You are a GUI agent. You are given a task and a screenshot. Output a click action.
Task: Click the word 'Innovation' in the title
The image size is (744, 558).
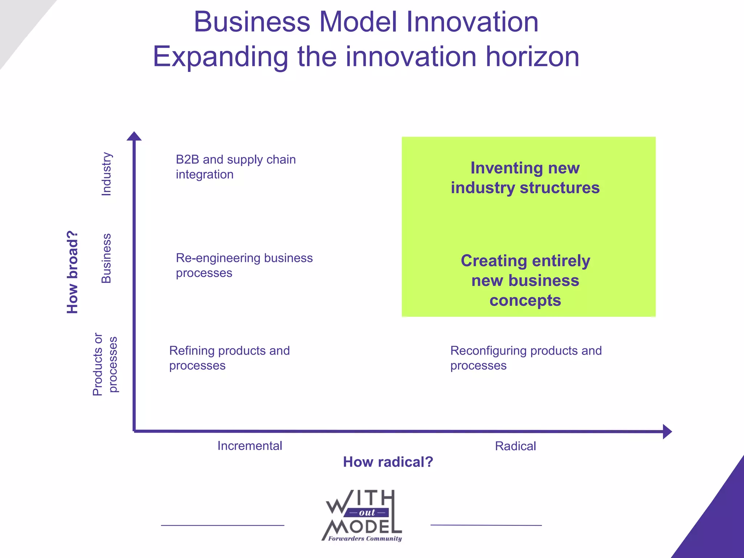pyautogui.click(x=472, y=22)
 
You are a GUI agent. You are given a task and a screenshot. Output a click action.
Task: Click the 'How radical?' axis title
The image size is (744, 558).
pyautogui.click(x=388, y=462)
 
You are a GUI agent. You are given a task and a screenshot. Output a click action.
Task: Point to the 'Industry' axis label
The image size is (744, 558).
pyautogui.click(x=106, y=174)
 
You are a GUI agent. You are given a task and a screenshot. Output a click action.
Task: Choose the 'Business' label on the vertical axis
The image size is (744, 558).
pyautogui.click(x=106, y=258)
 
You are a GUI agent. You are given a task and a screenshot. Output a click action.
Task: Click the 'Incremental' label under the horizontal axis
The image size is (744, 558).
pyautogui.click(x=250, y=446)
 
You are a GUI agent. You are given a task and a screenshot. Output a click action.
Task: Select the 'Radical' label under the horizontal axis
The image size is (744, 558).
pyautogui.click(x=515, y=446)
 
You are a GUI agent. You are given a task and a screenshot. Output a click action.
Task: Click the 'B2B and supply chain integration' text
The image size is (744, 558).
pyautogui.click(x=235, y=167)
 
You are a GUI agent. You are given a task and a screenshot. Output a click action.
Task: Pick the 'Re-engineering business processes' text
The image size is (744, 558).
pyautogui.click(x=244, y=265)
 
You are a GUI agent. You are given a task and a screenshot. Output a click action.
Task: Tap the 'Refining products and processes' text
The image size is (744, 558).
pyautogui.click(x=229, y=358)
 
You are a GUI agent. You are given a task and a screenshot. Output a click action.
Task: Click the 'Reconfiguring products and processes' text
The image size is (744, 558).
pyautogui.click(x=526, y=358)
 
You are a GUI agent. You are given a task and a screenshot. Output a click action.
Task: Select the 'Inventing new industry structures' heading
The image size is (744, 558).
pyautogui.click(x=525, y=178)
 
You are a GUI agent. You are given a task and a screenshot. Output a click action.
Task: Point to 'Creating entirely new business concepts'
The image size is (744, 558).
pyautogui.click(x=525, y=280)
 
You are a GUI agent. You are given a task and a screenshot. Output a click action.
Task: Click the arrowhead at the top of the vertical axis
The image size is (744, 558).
pyautogui.click(x=134, y=136)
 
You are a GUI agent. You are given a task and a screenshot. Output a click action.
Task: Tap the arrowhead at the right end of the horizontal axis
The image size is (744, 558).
pyautogui.click(x=667, y=432)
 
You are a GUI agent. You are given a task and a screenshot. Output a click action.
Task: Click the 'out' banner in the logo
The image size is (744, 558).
pyautogui.click(x=367, y=513)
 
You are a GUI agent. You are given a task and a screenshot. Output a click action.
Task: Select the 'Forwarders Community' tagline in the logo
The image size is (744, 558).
pyautogui.click(x=365, y=538)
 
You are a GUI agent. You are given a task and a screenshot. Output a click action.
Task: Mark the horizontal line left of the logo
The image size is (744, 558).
pyautogui.click(x=222, y=525)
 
